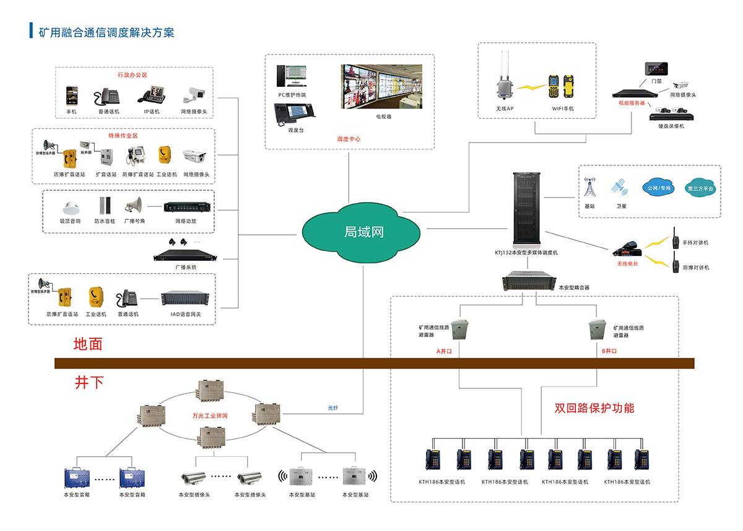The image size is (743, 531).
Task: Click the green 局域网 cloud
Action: (363, 232)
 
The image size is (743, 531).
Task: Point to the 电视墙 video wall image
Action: (381, 86)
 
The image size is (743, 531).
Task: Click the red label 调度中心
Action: (349, 139)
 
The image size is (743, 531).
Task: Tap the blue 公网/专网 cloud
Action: (658, 188)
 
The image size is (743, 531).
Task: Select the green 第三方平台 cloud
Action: (700, 188)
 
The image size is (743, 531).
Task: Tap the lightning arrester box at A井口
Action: (459, 330)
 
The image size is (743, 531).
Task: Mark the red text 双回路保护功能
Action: (594, 408)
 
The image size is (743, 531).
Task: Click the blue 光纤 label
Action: (333, 408)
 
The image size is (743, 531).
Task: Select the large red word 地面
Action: (88, 344)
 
